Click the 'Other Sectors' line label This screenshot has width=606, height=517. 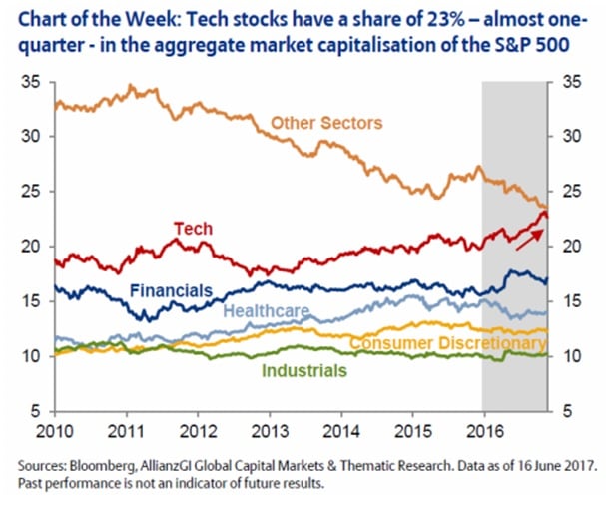pyautogui.click(x=326, y=123)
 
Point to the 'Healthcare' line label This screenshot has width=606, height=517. pyautogui.click(x=266, y=311)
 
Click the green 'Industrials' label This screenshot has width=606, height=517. pyautogui.click(x=303, y=370)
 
